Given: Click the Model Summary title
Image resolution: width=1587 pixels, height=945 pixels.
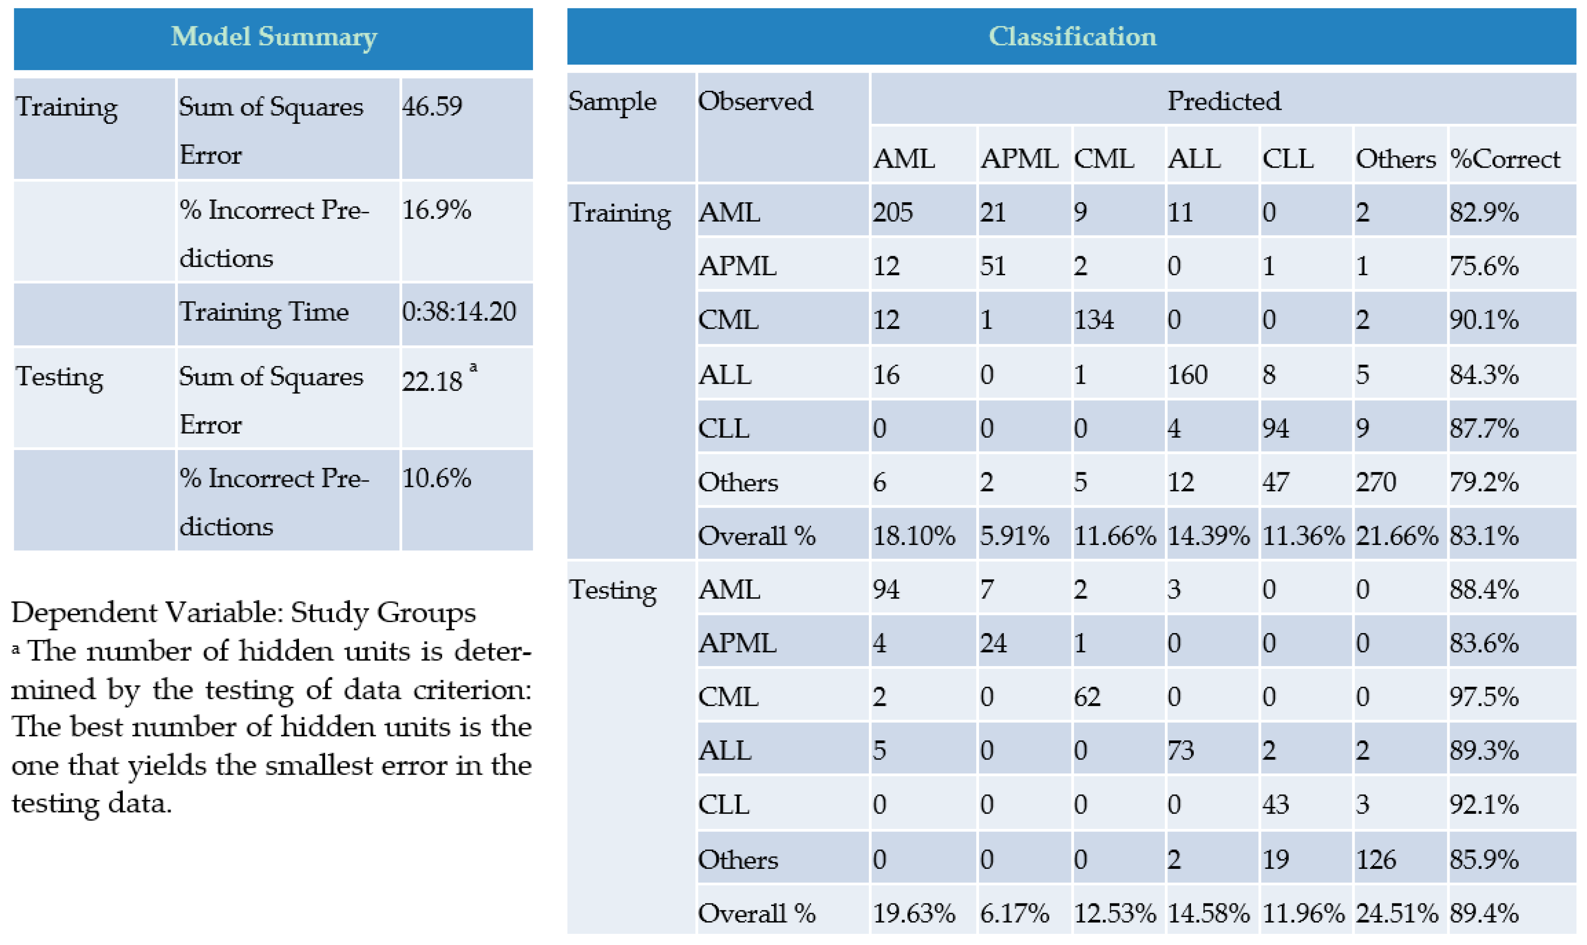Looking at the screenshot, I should click(x=274, y=36).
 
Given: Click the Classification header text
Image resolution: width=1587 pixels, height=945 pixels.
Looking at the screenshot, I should click(x=1072, y=36).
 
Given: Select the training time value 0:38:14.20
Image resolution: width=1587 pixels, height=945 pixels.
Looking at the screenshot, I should click(x=459, y=312).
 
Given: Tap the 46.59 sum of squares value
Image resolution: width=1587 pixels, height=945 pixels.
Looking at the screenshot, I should click(x=432, y=106).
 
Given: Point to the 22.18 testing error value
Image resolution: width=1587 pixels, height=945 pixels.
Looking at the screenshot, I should click(x=432, y=381).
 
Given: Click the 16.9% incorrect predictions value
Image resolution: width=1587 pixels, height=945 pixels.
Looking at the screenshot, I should click(x=436, y=210).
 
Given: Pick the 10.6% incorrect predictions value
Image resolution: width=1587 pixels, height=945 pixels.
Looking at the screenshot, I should click(x=436, y=478).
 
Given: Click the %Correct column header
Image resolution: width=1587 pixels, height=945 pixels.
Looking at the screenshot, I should click(x=1505, y=158).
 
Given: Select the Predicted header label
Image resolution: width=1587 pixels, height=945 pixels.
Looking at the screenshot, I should click(x=1223, y=101).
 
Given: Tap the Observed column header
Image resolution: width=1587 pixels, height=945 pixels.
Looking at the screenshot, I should click(x=755, y=101).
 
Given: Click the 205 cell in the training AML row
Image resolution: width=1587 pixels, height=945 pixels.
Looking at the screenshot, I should click(x=892, y=212).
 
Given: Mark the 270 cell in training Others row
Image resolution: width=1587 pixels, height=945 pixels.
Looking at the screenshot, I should click(x=1375, y=482).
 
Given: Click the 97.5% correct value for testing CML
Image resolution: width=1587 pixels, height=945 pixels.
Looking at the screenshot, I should click(x=1484, y=697).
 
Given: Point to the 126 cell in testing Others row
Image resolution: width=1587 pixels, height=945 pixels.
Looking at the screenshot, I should click(x=1375, y=860).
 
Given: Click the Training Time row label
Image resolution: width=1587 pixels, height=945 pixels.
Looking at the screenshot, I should click(x=264, y=312).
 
